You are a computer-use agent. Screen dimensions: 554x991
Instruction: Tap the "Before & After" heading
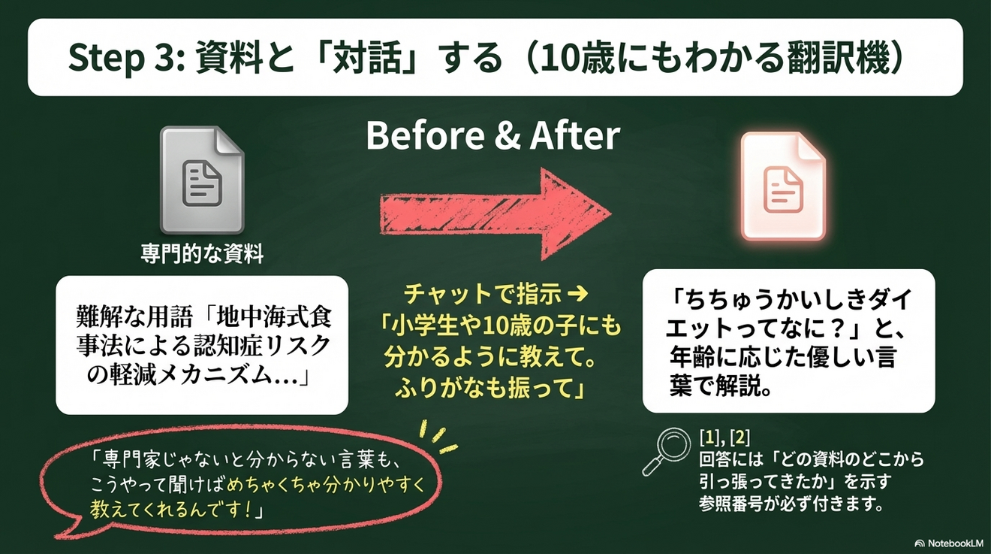[493, 137]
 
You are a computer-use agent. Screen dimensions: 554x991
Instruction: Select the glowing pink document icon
[783, 186]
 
